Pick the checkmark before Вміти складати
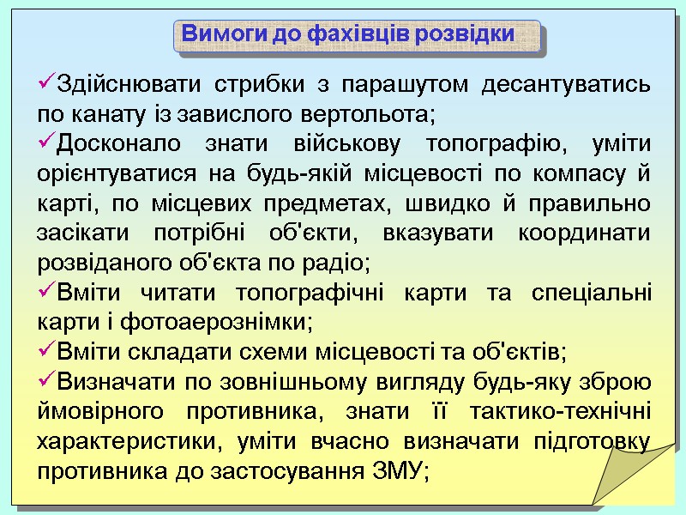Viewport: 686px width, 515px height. tap(45, 351)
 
